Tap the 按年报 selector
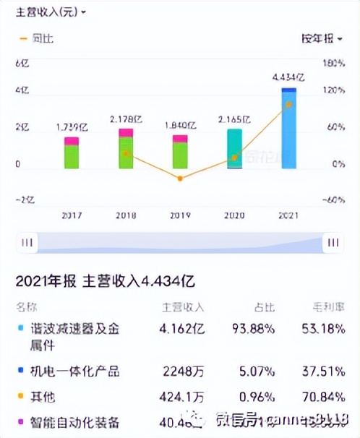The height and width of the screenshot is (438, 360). coord(321,38)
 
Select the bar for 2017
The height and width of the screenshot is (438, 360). coord(71,153)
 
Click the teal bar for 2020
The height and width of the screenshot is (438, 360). coord(234,149)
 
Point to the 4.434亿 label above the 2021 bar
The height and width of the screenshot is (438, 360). coord(288,77)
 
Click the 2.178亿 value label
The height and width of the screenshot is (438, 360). coord(126,119)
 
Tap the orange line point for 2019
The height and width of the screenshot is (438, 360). coord(180,178)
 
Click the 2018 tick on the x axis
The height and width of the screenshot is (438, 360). coord(126,215)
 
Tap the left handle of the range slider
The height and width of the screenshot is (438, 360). coord(27,243)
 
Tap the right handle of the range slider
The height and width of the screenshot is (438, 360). coord(333,243)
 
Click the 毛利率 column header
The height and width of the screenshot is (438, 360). coord(330,306)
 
